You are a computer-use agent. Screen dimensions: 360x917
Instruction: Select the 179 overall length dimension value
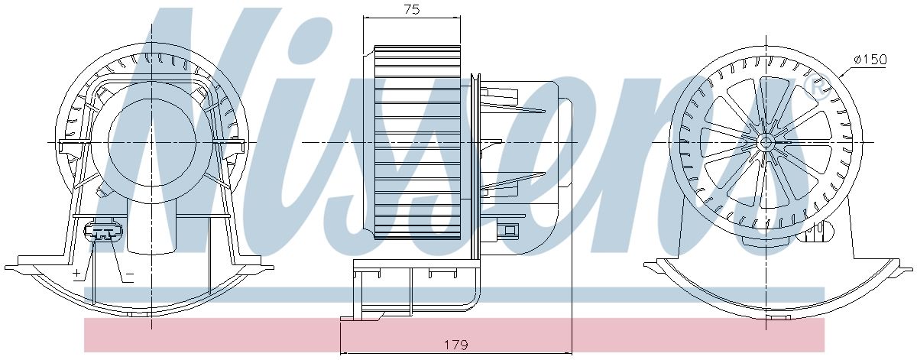pos(455,344)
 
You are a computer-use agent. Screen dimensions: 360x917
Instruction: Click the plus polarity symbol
pos(76,273)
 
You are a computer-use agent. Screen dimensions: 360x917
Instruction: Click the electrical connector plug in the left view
pos(102,232)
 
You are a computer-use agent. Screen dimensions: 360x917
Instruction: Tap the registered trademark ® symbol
pos(815,88)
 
